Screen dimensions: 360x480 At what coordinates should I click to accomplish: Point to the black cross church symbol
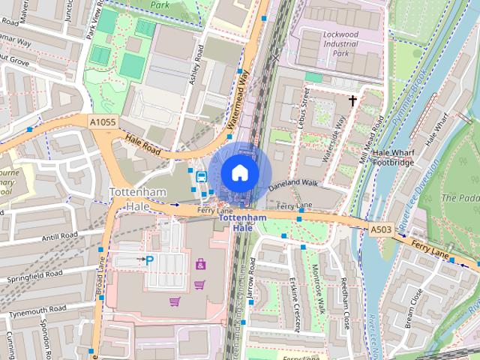pos(352,99)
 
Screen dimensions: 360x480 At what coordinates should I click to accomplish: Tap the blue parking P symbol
pos(149,260)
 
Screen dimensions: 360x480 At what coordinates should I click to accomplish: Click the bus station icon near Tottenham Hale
pos(201,177)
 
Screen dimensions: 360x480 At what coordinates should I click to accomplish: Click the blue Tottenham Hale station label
pos(242,223)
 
